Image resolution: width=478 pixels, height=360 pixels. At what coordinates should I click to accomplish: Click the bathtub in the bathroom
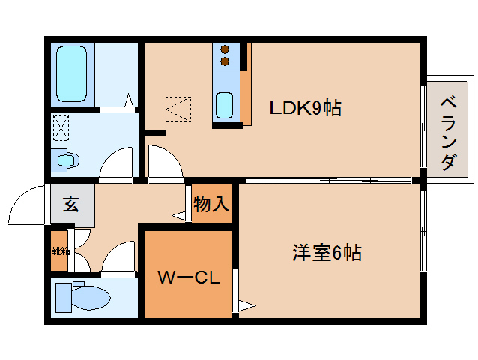click(x=73, y=74)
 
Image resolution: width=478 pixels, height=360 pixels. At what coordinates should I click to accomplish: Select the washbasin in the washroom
click(x=65, y=159)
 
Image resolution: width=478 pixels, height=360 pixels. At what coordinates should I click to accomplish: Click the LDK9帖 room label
click(x=306, y=108)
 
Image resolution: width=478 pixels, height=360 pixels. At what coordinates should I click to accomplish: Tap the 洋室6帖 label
click(x=327, y=253)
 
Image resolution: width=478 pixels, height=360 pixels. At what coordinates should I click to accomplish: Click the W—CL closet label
click(x=188, y=278)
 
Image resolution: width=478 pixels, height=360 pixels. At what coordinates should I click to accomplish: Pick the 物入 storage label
click(x=211, y=203)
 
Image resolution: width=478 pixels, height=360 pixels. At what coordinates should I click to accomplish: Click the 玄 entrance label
click(x=70, y=204)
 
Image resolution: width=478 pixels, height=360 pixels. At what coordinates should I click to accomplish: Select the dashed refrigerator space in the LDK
click(x=178, y=108)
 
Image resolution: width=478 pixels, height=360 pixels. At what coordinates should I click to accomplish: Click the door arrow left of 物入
click(x=180, y=216)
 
